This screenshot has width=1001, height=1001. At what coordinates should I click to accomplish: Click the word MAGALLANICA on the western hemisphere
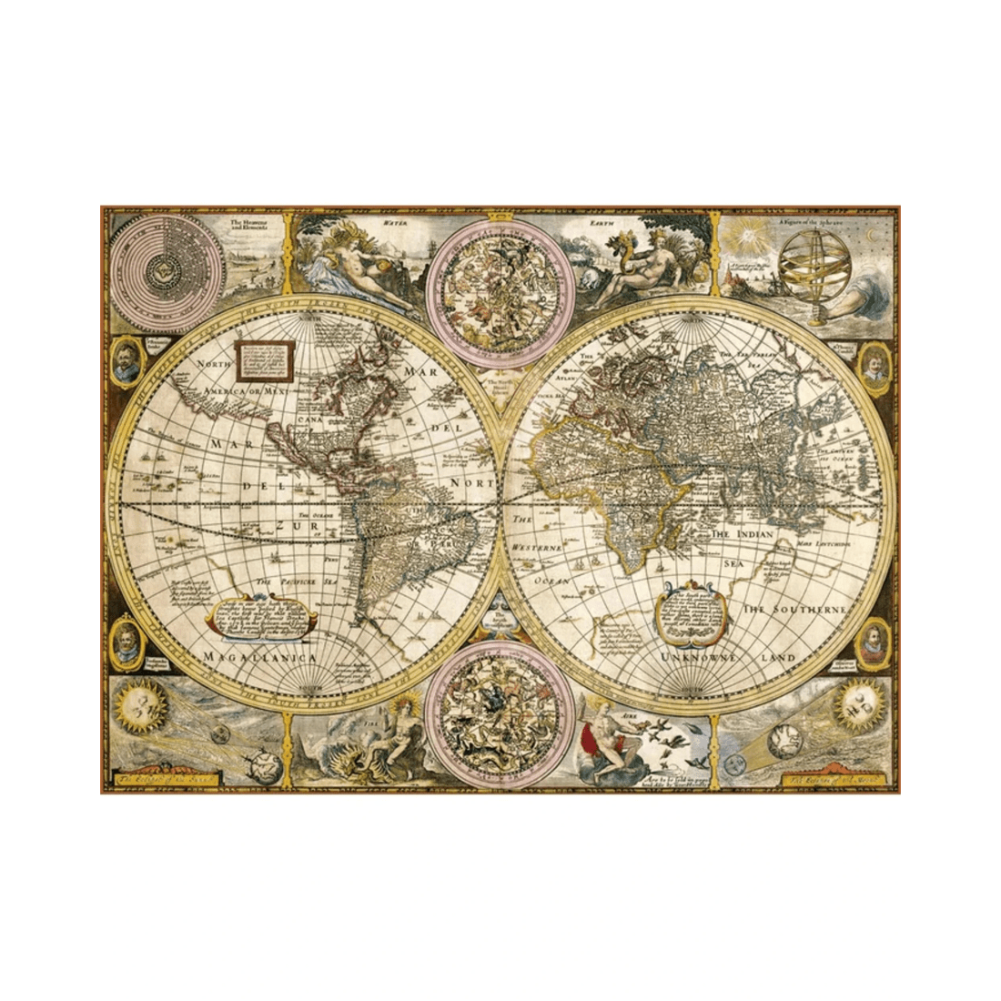click(x=259, y=655)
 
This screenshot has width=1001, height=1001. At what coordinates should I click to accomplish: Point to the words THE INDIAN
click(x=746, y=535)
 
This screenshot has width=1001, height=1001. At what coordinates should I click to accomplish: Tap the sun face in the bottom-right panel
click(x=859, y=700)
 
